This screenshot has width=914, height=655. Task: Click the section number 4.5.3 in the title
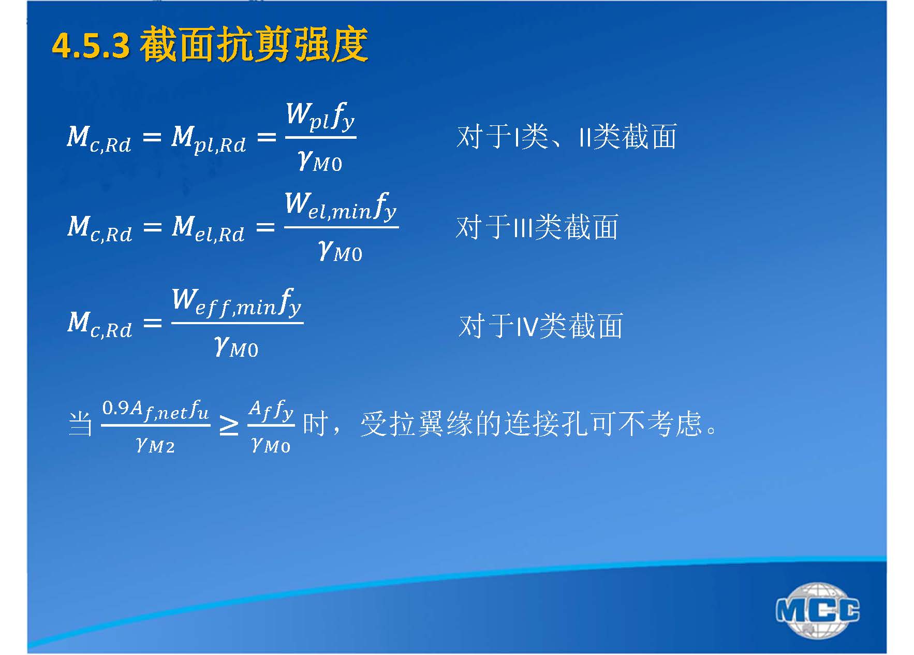[x=91, y=46]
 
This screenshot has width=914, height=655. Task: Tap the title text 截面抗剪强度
[x=254, y=45]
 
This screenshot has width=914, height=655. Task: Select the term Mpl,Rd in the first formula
[x=209, y=139]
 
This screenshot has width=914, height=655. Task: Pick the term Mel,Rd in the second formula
[x=208, y=228]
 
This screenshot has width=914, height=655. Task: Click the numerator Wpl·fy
[x=320, y=117]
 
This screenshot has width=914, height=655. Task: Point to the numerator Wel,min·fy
[x=341, y=206]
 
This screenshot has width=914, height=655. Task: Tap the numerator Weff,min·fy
[x=237, y=302]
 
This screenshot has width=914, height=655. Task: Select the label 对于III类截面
[x=537, y=227]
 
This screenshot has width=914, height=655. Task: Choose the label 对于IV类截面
[x=541, y=326]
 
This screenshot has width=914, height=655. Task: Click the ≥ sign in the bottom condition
[x=229, y=426]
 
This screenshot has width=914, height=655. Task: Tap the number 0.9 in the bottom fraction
[x=115, y=408]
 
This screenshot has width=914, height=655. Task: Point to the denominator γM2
[x=155, y=445]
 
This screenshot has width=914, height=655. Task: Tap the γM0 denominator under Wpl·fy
[x=320, y=161]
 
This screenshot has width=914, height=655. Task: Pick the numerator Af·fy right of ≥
[x=271, y=411]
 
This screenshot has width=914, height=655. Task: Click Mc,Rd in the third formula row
[x=100, y=323]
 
